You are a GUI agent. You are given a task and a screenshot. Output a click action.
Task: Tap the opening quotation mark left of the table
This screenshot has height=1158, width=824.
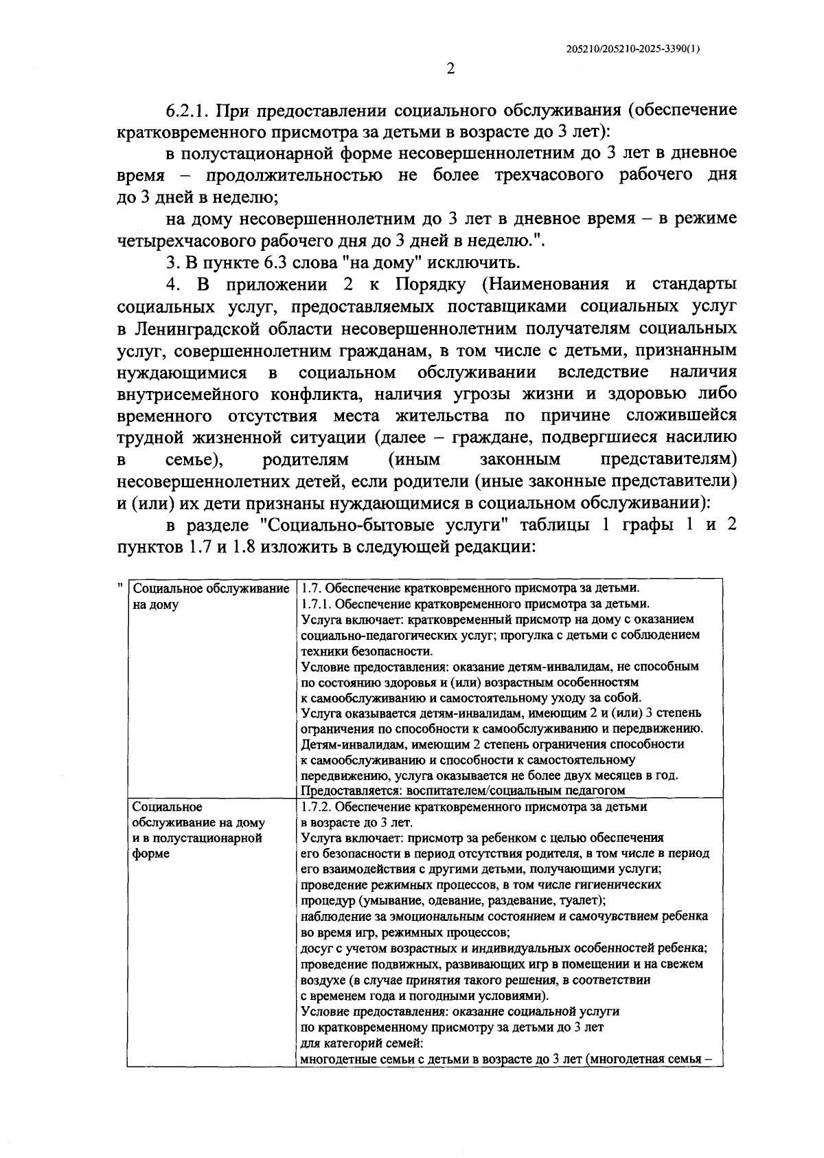click(x=120, y=585)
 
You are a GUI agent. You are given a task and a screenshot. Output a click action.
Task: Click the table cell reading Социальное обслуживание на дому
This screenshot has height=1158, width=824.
click(x=209, y=597)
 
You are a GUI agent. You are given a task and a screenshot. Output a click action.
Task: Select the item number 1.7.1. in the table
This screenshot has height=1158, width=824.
click(x=317, y=605)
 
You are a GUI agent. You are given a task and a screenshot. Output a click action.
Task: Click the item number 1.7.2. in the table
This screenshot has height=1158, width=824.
click(x=317, y=806)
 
